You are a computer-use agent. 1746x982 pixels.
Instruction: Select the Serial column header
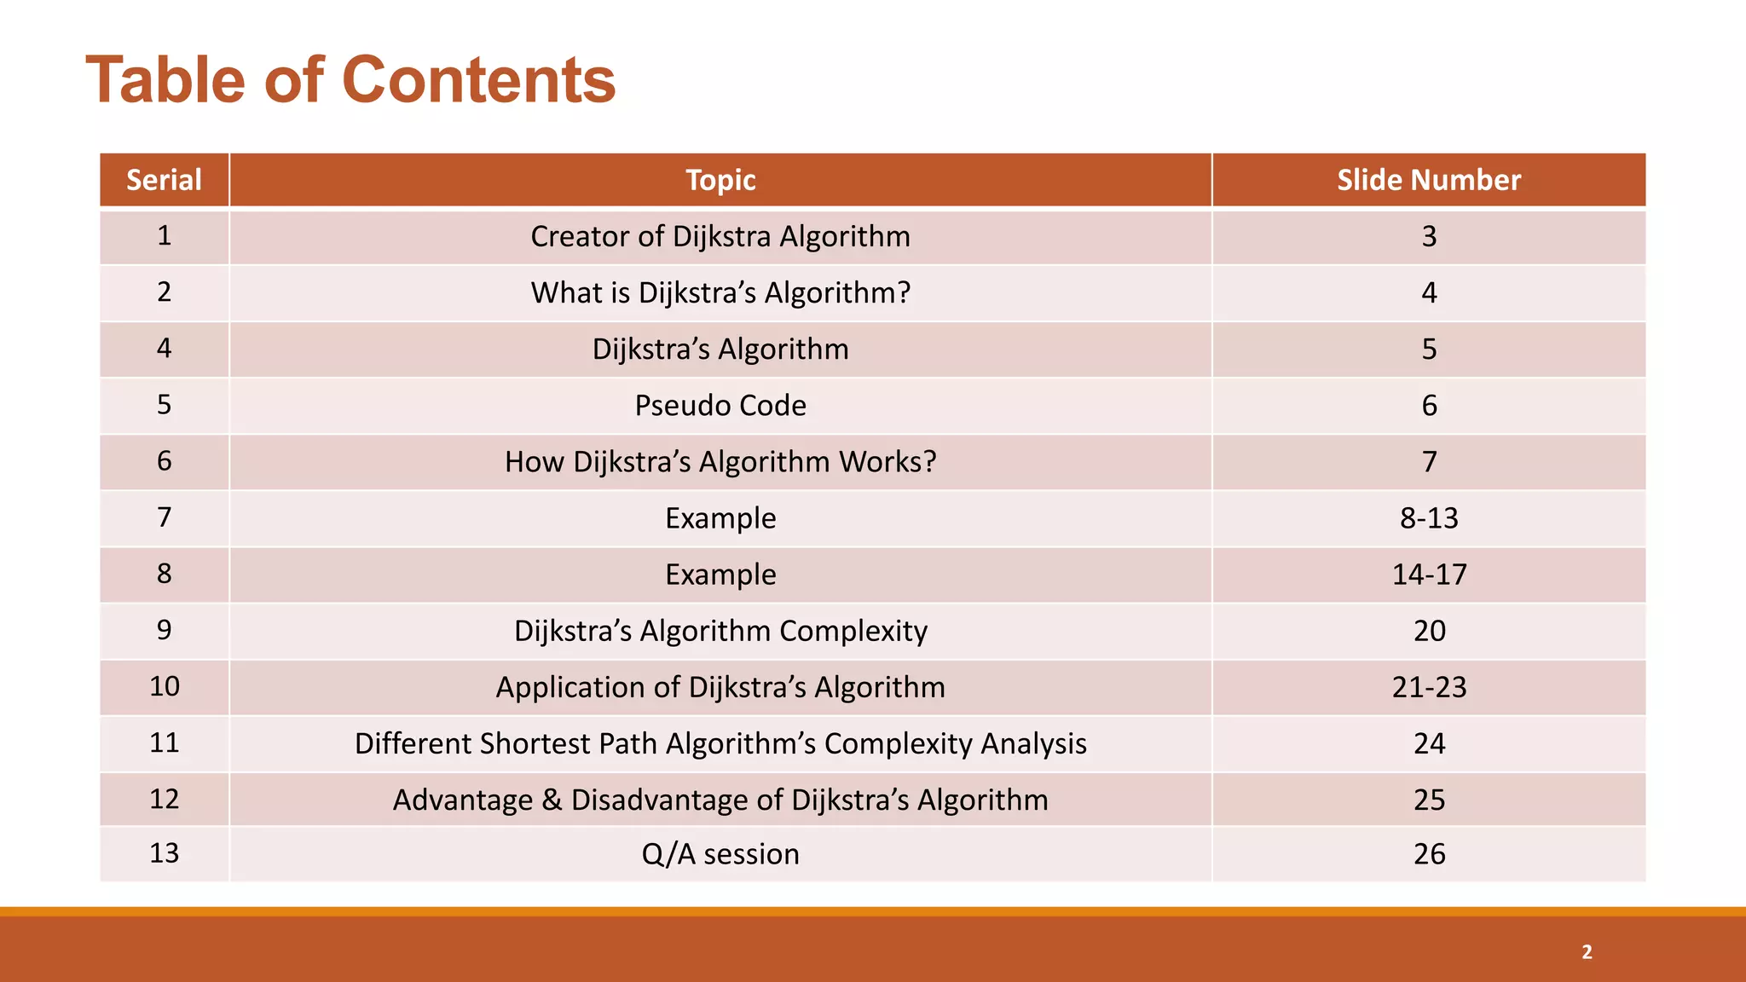pyautogui.click(x=164, y=180)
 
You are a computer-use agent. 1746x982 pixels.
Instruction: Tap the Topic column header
pyautogui.click(x=720, y=180)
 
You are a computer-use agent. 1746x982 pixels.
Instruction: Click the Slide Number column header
pyautogui.click(x=1428, y=180)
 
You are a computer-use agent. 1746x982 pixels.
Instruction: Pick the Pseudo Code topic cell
pyautogui.click(x=720, y=405)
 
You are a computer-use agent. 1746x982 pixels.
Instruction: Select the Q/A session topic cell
pyautogui.click(x=720, y=853)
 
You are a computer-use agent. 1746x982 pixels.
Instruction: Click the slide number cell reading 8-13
pyautogui.click(x=1429, y=517)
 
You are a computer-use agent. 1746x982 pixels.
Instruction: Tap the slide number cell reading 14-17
pyautogui.click(x=1429, y=574)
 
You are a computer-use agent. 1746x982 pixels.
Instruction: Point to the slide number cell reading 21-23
pyautogui.click(x=1429, y=686)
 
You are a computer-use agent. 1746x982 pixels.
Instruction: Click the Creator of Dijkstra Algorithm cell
pyautogui.click(x=720, y=236)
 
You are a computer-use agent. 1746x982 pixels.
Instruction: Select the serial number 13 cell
pyautogui.click(x=164, y=852)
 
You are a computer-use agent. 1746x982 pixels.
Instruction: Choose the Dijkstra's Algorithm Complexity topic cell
pyautogui.click(x=720, y=630)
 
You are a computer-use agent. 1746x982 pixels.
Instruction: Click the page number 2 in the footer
pyautogui.click(x=1587, y=951)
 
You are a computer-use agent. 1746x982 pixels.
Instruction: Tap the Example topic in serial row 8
pyautogui.click(x=720, y=574)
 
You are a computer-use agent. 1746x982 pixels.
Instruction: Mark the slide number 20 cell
pyautogui.click(x=1429, y=630)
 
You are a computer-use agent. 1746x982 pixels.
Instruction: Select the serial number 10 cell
pyautogui.click(x=164, y=686)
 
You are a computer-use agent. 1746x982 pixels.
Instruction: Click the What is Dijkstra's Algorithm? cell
pyautogui.click(x=720, y=292)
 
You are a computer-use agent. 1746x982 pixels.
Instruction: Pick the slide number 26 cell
pyautogui.click(x=1429, y=853)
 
